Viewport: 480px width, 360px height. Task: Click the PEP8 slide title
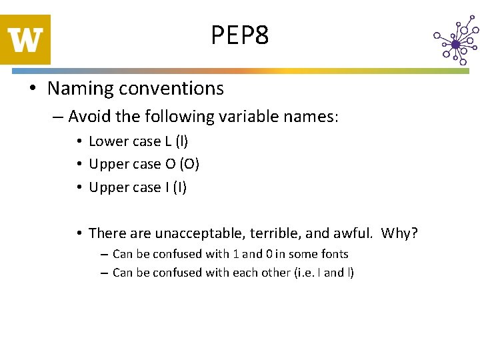point(240,35)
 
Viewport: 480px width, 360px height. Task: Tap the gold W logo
point(25,40)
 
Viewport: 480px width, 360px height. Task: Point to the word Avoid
point(89,117)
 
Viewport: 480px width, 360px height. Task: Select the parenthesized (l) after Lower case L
point(180,141)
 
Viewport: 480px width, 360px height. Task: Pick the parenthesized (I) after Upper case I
point(179,187)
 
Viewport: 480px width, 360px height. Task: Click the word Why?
point(399,233)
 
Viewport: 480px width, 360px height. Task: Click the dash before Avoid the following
point(57,118)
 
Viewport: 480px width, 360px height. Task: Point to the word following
point(181,117)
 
